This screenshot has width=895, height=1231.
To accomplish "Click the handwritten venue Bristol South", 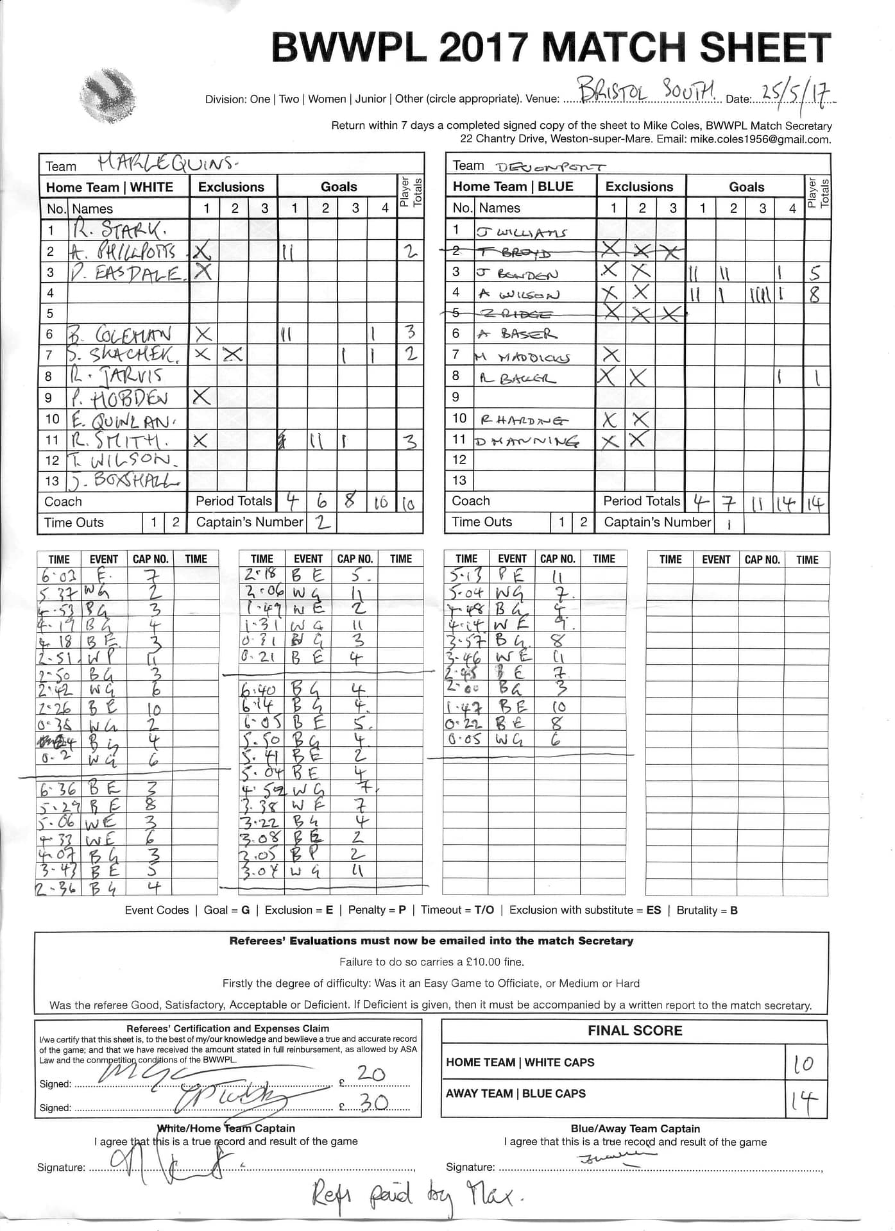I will [642, 92].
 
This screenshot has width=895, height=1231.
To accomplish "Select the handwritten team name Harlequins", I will [167, 164].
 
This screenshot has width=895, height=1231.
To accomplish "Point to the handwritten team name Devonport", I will [550, 167].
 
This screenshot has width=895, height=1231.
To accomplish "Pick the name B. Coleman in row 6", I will [121, 334].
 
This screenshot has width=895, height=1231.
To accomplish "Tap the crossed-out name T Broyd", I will [513, 253].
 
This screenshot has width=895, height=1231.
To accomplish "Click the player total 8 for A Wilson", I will [815, 295].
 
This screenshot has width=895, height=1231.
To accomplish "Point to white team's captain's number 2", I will [323, 523].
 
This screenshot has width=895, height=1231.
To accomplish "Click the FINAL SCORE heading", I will [635, 1031].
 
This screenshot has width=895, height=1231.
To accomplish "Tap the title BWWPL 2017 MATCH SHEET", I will [551, 48].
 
